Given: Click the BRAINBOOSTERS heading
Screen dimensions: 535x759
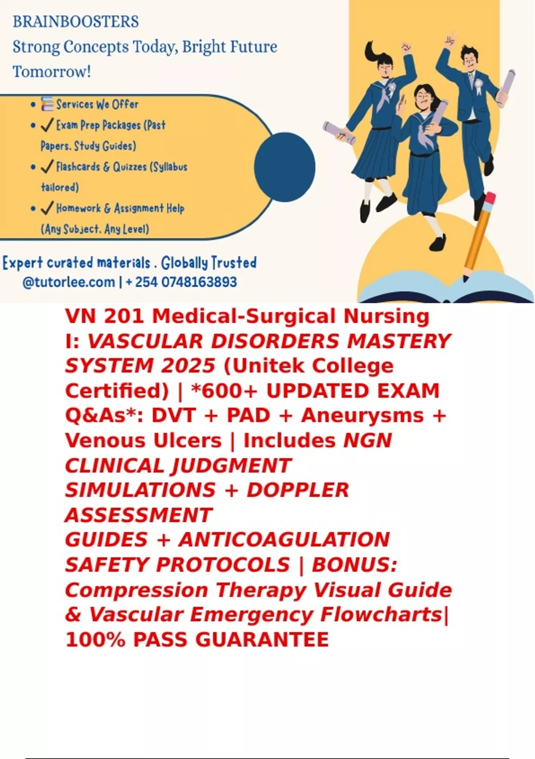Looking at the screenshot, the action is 76,22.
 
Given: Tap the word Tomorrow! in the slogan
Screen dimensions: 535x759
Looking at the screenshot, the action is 52,72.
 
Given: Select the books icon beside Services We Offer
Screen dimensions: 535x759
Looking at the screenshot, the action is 47,104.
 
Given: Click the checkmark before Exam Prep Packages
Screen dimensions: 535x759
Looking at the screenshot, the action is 47,125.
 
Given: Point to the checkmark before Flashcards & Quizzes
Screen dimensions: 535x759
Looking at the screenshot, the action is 47,167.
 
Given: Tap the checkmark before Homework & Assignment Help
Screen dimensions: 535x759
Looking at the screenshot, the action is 47,208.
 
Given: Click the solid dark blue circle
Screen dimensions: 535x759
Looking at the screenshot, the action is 284,167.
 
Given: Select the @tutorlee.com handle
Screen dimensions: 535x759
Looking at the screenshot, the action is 69,282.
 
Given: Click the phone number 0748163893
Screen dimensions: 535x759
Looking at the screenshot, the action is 199,282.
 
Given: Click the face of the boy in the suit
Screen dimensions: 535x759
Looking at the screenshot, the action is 469,61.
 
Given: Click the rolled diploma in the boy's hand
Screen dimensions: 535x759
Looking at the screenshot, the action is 506,86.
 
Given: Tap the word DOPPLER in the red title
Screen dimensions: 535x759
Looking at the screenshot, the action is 298,490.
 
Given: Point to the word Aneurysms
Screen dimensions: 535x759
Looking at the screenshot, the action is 362,415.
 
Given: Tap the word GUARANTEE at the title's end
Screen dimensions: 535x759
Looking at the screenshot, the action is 262,639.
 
